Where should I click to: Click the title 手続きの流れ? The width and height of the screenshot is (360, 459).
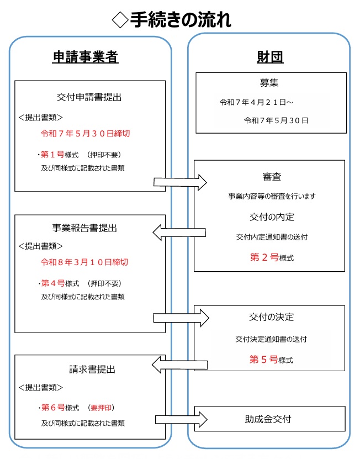click(x=181, y=20)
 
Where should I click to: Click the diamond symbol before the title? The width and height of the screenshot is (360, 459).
click(x=120, y=20)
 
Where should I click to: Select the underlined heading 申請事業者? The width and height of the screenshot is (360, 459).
click(x=86, y=57)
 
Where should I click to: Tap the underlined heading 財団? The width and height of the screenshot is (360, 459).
click(x=270, y=57)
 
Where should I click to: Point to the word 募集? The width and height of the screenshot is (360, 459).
click(x=269, y=83)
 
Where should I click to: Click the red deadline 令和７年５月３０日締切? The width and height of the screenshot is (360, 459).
click(x=85, y=134)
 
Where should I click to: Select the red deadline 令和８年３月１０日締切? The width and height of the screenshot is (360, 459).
click(x=84, y=262)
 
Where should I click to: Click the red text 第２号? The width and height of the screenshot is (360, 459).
click(x=264, y=257)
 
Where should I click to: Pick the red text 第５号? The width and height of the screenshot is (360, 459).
click(x=263, y=359)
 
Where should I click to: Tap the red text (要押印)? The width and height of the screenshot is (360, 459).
click(x=101, y=408)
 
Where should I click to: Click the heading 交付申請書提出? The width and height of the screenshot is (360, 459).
click(x=89, y=97)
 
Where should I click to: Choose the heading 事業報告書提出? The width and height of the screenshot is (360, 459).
click(x=84, y=228)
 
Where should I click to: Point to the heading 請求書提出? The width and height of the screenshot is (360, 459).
click(x=92, y=370)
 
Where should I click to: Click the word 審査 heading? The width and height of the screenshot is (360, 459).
click(x=272, y=177)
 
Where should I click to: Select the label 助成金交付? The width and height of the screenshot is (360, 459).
click(x=268, y=419)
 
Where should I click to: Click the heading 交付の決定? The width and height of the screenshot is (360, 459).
click(x=271, y=317)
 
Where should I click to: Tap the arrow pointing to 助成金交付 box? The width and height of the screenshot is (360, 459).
click(x=181, y=419)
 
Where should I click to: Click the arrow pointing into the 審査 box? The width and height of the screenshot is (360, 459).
click(x=181, y=182)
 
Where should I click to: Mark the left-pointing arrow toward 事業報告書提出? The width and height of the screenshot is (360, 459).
click(x=179, y=233)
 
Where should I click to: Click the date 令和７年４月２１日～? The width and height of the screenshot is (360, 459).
click(x=256, y=102)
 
